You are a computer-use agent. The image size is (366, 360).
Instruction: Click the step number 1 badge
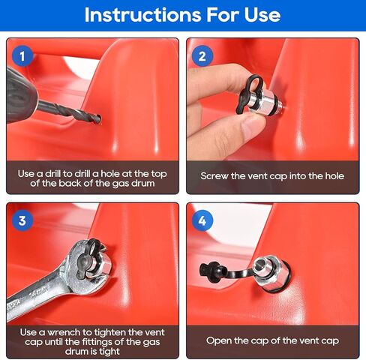[22, 55]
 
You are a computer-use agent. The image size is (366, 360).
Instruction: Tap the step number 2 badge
[202, 55]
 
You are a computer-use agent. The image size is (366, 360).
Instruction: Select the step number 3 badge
[22, 220]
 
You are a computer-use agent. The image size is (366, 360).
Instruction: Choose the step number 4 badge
[202, 220]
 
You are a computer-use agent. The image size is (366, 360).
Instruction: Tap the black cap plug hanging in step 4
[205, 268]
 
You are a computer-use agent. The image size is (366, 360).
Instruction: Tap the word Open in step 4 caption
[220, 340]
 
